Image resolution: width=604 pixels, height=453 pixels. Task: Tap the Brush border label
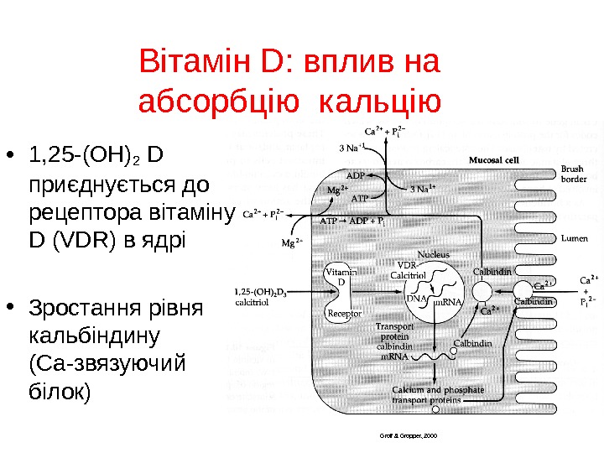[x=574, y=174]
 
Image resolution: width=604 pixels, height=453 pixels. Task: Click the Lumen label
[x=574, y=238]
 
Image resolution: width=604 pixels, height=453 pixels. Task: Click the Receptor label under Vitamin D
[x=343, y=314]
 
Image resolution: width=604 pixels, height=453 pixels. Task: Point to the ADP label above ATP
[x=356, y=175]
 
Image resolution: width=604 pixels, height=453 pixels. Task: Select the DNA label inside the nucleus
[x=417, y=299]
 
